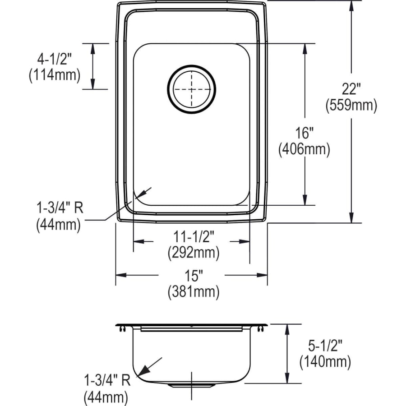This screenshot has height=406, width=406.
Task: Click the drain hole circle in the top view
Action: coord(191,89)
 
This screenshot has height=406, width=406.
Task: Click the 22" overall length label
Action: coord(351,88)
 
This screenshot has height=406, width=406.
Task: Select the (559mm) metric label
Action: coord(351,105)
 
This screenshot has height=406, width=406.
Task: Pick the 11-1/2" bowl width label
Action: coord(193,236)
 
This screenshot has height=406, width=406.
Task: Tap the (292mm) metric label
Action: coord(193,253)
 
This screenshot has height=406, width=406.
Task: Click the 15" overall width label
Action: coord(193,275)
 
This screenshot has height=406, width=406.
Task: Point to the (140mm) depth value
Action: coord(325,361)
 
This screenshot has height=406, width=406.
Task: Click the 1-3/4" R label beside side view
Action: coord(107,381)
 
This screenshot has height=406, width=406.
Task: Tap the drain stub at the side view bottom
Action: coord(191,386)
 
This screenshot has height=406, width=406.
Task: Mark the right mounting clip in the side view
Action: coord(261,329)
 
